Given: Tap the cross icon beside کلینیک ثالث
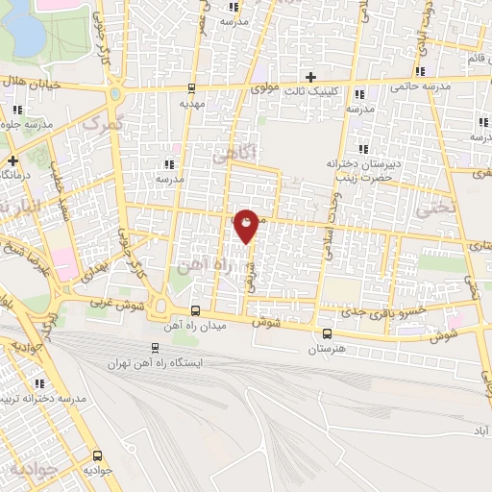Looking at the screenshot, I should click(309, 77).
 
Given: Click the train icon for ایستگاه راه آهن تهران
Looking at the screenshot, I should click(155, 349).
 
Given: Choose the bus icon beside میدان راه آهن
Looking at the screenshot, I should click(195, 310).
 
